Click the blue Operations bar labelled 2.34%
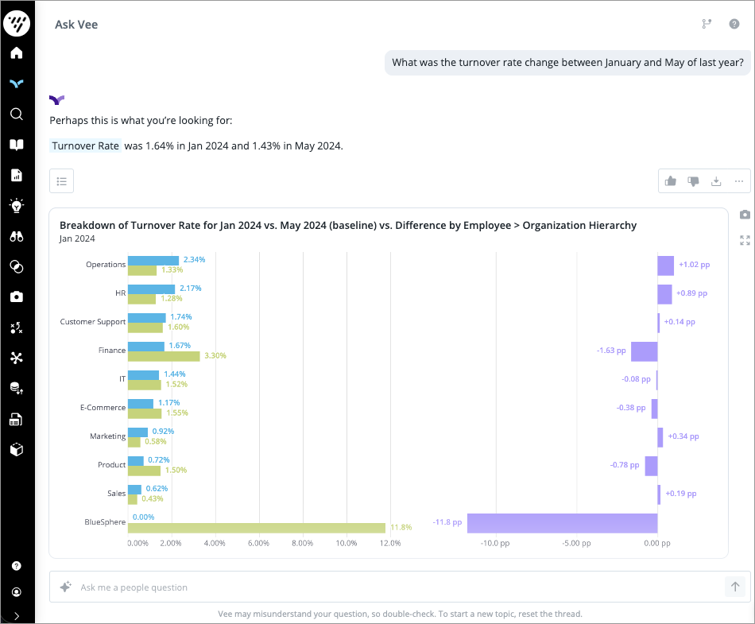click(x=153, y=260)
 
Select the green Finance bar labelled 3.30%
click(x=164, y=355)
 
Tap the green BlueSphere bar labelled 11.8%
click(x=257, y=527)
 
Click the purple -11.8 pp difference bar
click(x=562, y=522)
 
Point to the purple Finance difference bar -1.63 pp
click(x=644, y=351)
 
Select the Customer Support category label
click(x=93, y=322)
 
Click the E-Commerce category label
click(x=103, y=408)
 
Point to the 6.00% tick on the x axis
click(x=259, y=544)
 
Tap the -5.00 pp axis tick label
click(x=576, y=544)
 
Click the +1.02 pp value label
click(x=694, y=265)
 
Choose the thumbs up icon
click(x=671, y=181)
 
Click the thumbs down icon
click(x=693, y=181)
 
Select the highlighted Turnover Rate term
click(x=86, y=146)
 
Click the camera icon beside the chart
click(x=745, y=215)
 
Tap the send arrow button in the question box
click(x=735, y=587)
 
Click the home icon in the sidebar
click(x=17, y=53)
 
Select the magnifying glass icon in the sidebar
click(x=17, y=114)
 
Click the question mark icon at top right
click(x=734, y=24)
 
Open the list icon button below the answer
click(x=62, y=180)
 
